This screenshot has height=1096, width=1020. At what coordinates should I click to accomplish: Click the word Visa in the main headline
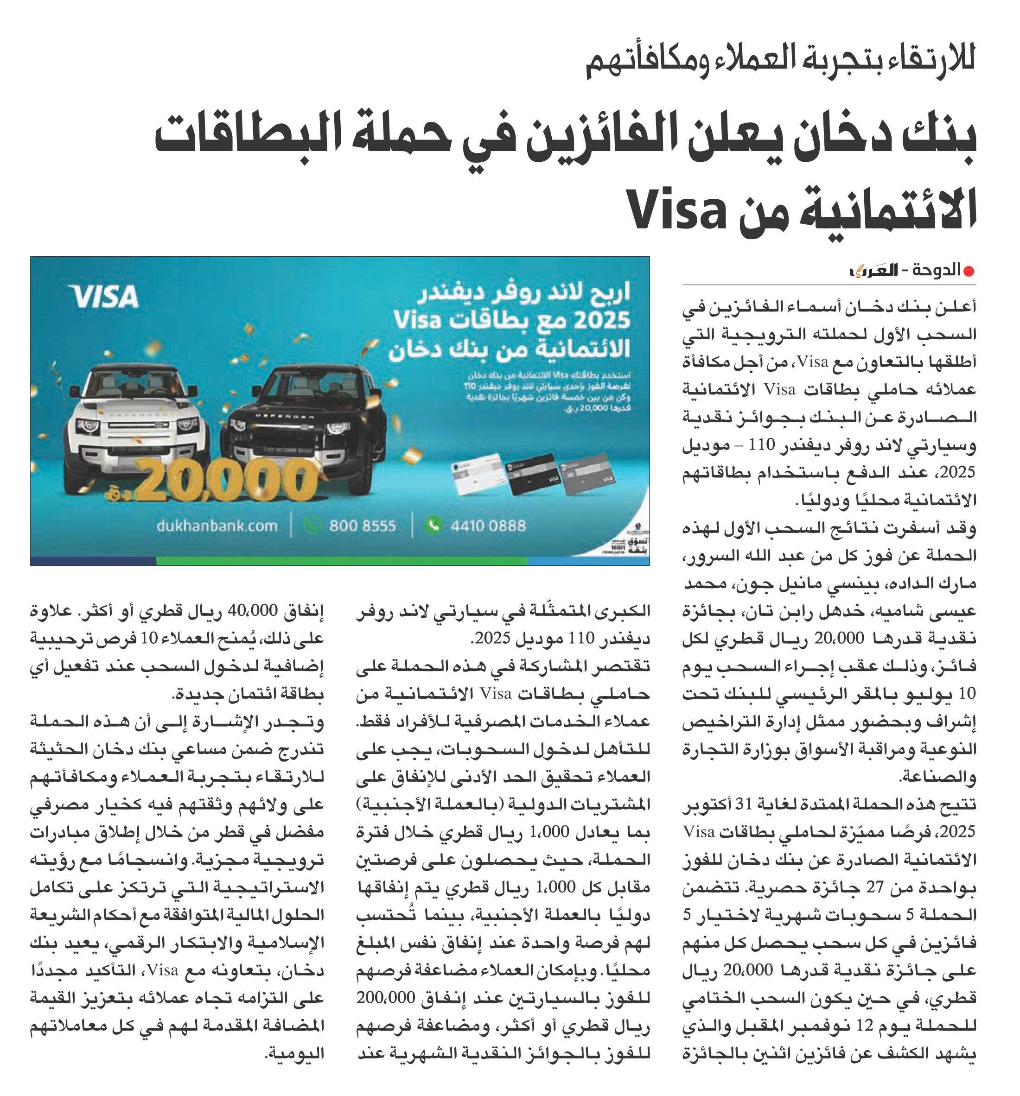677,209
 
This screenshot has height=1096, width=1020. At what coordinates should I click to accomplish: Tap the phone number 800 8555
362,526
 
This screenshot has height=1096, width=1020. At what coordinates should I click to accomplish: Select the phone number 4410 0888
488,526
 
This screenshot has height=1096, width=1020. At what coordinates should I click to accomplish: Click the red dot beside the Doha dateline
969,271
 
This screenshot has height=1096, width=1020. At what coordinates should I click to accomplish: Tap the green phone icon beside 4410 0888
433,525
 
